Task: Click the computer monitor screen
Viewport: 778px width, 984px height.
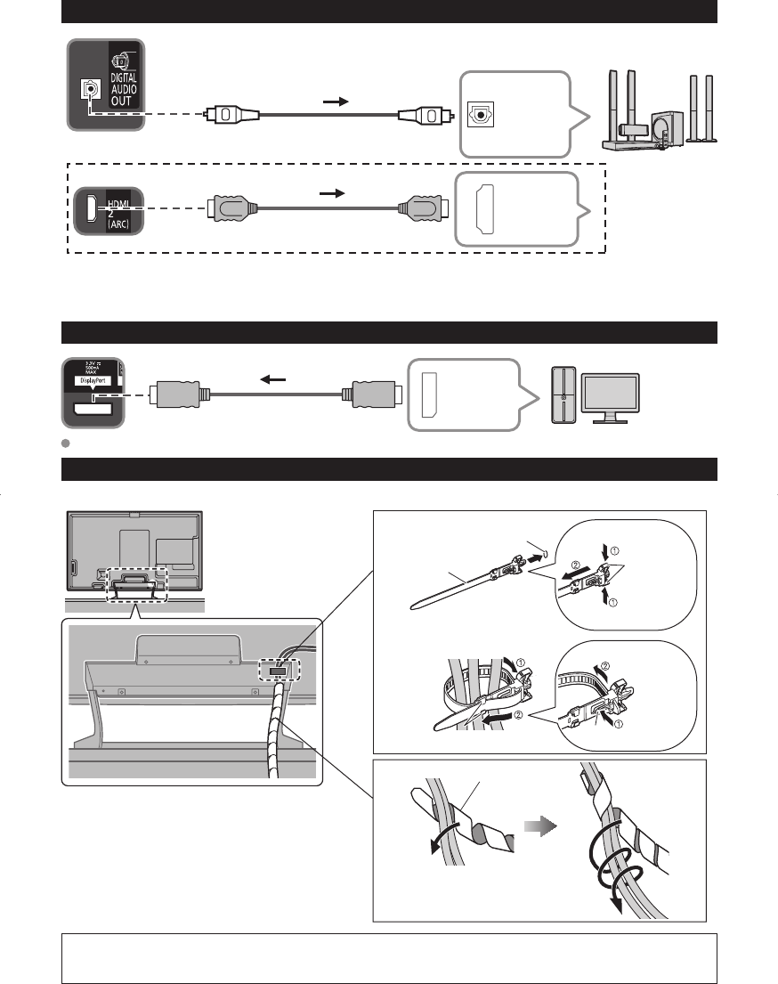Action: (x=609, y=393)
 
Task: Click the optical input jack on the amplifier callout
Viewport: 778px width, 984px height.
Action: (x=480, y=114)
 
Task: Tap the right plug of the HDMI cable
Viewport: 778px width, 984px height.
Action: (x=418, y=209)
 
